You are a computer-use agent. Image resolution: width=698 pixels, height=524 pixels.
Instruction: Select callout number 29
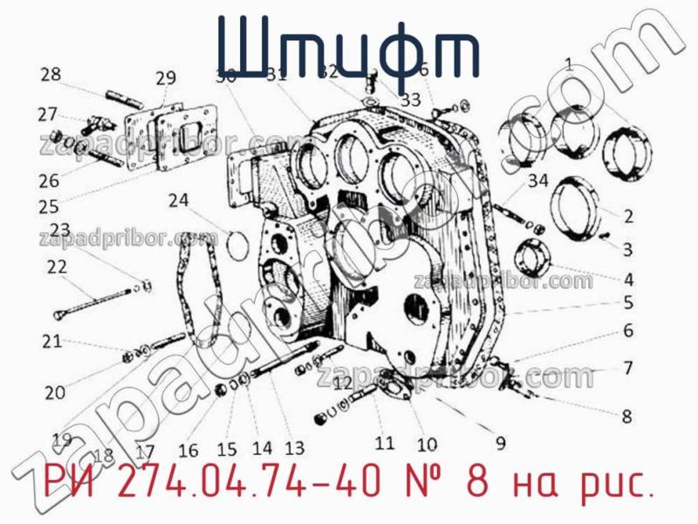pos(166,79)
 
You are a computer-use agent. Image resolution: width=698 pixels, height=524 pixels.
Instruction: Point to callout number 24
pos(178,200)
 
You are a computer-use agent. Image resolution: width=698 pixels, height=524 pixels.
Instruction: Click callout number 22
pos(57,268)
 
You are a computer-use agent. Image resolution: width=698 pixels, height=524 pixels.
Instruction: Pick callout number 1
pos(568,63)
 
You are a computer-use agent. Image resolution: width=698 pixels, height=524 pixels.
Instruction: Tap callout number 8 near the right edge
pos(626,417)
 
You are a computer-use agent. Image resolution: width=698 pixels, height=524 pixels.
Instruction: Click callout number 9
pos(500,443)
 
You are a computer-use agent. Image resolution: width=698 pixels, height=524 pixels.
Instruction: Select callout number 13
pos(294,449)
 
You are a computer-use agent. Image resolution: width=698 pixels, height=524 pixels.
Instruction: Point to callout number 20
pos(55,393)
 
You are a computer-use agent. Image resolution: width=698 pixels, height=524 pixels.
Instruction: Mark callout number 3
pos(626,249)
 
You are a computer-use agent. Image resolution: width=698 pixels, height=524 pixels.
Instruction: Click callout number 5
pos(626,304)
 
